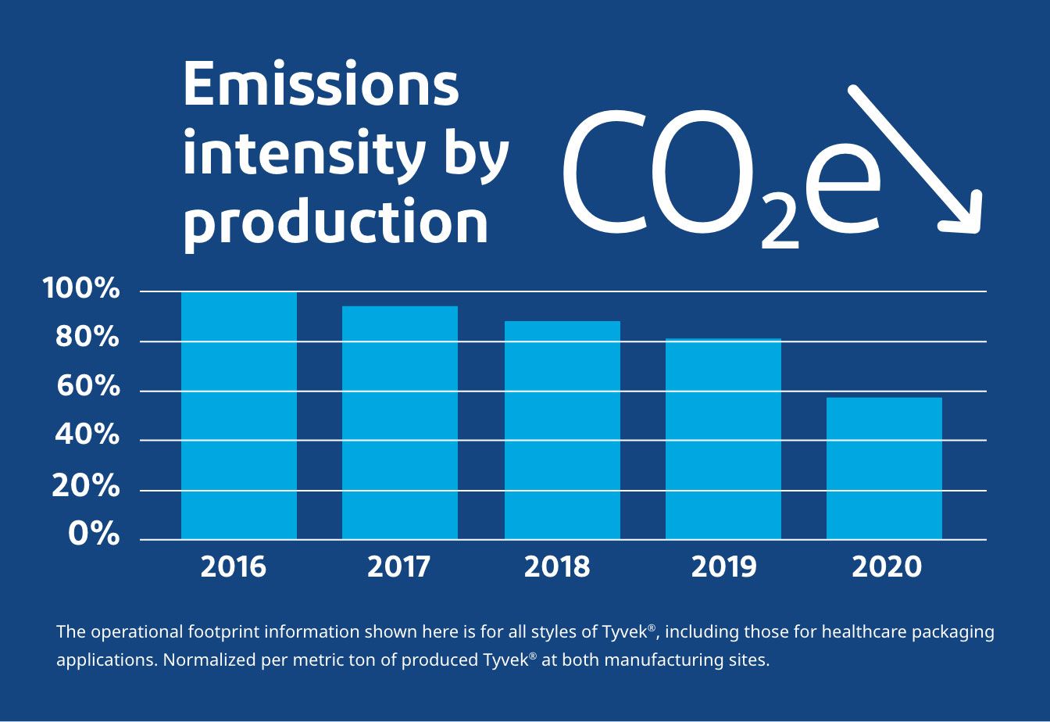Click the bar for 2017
[x=400, y=423]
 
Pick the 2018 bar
[x=562, y=431]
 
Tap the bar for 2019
[x=723, y=439]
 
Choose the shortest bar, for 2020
[x=884, y=469]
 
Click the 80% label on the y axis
[x=87, y=339]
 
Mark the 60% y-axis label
[x=87, y=388]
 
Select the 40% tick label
[x=87, y=436]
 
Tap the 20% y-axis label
[x=86, y=488]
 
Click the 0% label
[x=94, y=535]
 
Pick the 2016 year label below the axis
[x=234, y=567]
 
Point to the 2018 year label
[x=557, y=567]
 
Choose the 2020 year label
[x=887, y=567]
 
